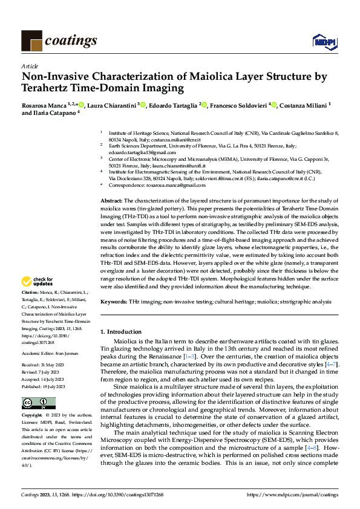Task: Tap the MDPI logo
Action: coord(324,41)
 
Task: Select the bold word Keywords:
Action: coord(113,301)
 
